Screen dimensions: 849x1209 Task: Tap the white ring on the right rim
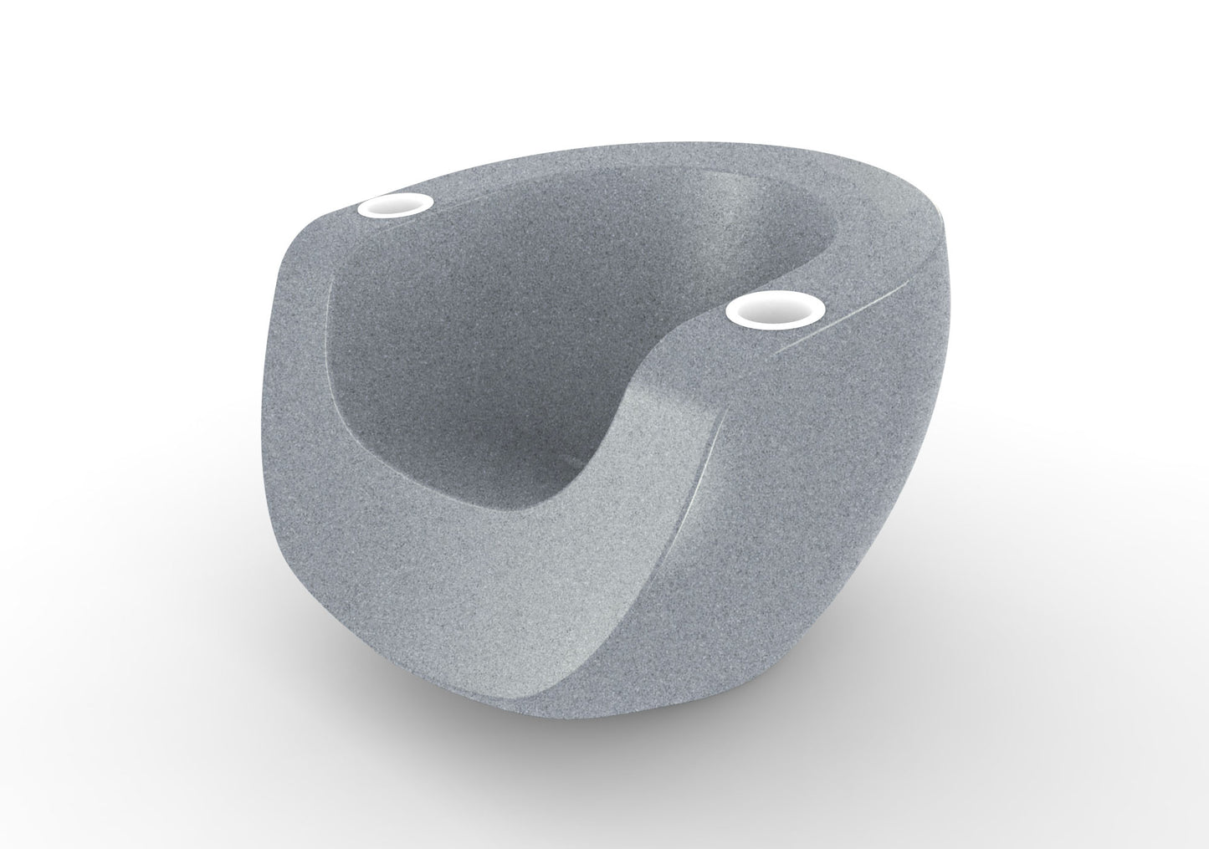pyautogui.click(x=766, y=312)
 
